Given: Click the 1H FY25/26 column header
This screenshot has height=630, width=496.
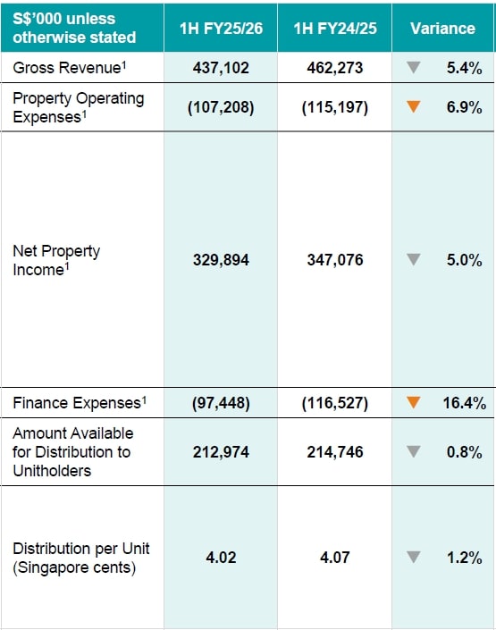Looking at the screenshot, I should (221, 28).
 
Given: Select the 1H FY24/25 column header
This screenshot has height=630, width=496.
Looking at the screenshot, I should (334, 28).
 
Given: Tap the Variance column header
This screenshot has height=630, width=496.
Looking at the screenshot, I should (442, 28).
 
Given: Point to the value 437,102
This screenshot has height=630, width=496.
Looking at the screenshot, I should (221, 67).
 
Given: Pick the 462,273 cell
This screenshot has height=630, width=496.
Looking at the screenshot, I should (334, 67).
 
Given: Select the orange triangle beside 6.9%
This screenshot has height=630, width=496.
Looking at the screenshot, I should (413, 107).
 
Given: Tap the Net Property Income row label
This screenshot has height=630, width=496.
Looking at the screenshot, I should (56, 260).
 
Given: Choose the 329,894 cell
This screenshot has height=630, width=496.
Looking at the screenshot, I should (221, 260).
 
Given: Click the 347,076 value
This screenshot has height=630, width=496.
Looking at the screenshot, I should (334, 260).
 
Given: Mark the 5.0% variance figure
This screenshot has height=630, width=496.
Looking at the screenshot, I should (464, 260).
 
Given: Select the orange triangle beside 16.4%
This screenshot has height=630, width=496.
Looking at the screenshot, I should (413, 403).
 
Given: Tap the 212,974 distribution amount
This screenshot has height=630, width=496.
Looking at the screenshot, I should (221, 452).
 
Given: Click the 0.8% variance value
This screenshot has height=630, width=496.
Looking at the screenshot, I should (464, 452).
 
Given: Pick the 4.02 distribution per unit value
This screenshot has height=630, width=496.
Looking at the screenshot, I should (221, 558).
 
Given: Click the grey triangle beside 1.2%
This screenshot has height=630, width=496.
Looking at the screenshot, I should (413, 558).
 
